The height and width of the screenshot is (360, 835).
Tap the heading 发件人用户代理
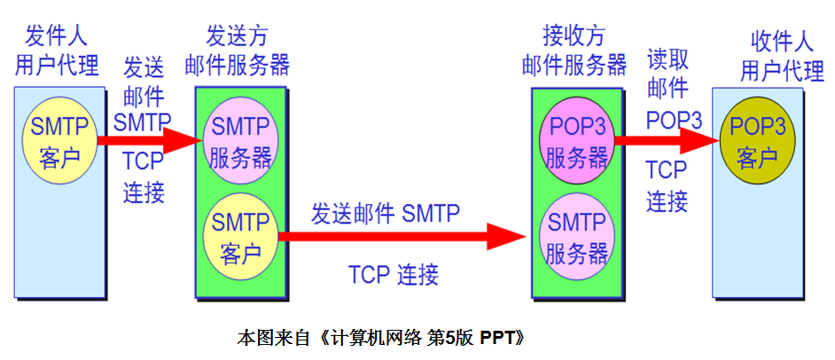click(59, 51)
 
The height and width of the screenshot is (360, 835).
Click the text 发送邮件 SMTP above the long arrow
click(385, 213)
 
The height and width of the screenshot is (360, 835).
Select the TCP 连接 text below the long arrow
click(393, 274)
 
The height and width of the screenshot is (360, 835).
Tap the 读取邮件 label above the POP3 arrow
click(667, 74)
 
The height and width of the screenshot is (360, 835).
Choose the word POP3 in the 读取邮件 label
click(674, 119)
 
